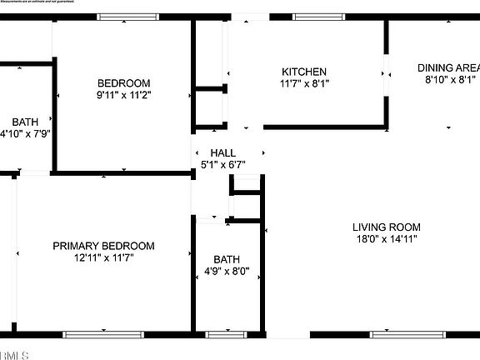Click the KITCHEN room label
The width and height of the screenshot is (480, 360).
tap(303, 72)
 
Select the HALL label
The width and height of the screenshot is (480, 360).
tap(222, 153)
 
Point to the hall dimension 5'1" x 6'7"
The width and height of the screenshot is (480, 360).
tap(222, 165)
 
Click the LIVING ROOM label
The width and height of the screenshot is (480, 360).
tap(386, 227)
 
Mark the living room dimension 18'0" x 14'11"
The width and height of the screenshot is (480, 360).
tap(386, 238)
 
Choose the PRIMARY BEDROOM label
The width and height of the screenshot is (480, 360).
tap(103, 246)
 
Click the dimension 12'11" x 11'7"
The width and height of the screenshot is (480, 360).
tap(103, 257)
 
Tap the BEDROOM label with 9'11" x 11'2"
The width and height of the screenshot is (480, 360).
tap(123, 82)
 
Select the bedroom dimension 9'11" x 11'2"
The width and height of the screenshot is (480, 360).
tap(123, 94)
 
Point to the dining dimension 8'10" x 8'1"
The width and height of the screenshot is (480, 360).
tap(447, 80)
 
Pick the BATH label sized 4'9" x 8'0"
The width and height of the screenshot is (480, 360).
tap(226, 259)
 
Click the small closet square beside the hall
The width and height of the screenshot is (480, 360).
tap(246, 205)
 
